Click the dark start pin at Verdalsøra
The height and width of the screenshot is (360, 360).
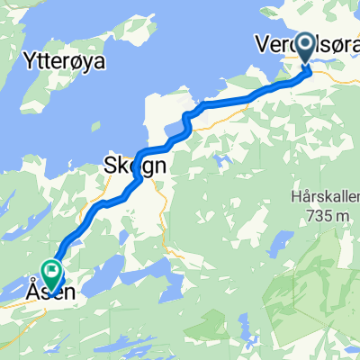[304, 49]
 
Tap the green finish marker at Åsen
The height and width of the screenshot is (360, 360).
[51, 269]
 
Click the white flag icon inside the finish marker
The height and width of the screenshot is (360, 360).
[51, 267]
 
